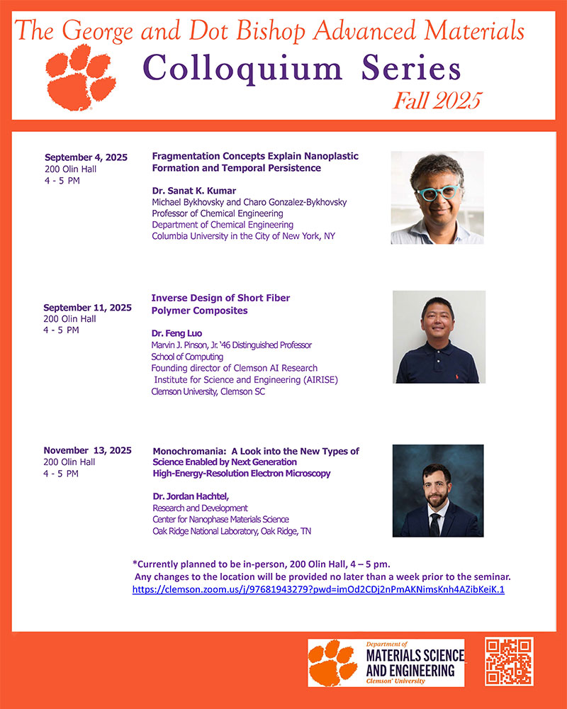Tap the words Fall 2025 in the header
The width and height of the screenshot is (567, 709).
(437, 100)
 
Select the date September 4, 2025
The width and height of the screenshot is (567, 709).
(86, 157)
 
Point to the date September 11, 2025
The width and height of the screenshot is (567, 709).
(87, 308)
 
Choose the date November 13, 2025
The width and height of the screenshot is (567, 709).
(87, 450)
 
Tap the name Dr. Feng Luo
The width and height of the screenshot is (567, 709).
(177, 333)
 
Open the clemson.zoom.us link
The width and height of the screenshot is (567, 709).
(318, 589)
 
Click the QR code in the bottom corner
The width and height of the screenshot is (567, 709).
(508, 662)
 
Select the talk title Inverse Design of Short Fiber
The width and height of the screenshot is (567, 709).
(221, 297)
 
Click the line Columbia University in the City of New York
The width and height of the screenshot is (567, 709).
(243, 236)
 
